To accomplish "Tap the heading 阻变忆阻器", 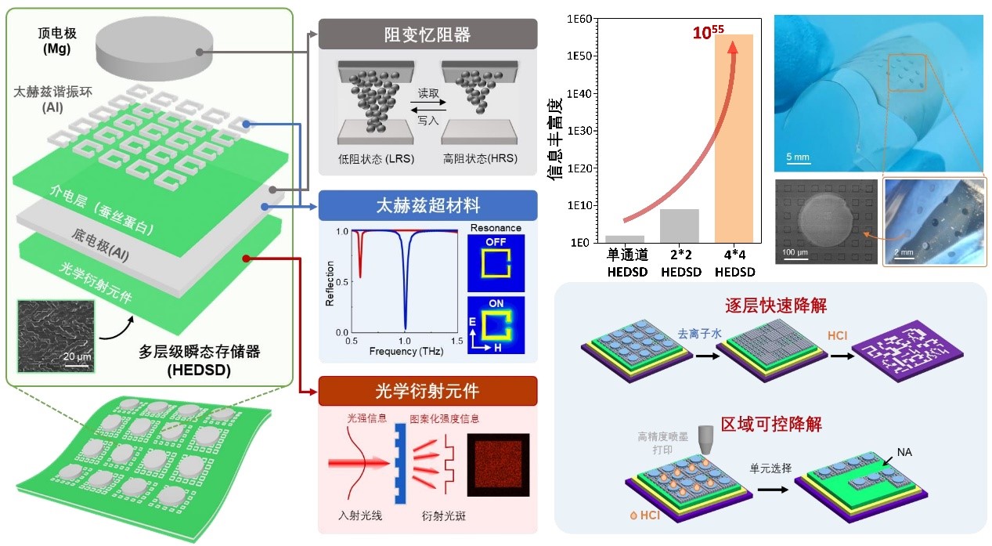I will pos(427,34).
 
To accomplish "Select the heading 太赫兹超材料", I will pos(427,206).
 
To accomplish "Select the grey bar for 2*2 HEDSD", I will pos(679,226).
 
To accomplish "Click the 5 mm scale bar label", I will pos(798,157).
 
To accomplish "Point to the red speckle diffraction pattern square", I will pos(498,465).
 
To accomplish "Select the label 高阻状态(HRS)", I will pos(479,160).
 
